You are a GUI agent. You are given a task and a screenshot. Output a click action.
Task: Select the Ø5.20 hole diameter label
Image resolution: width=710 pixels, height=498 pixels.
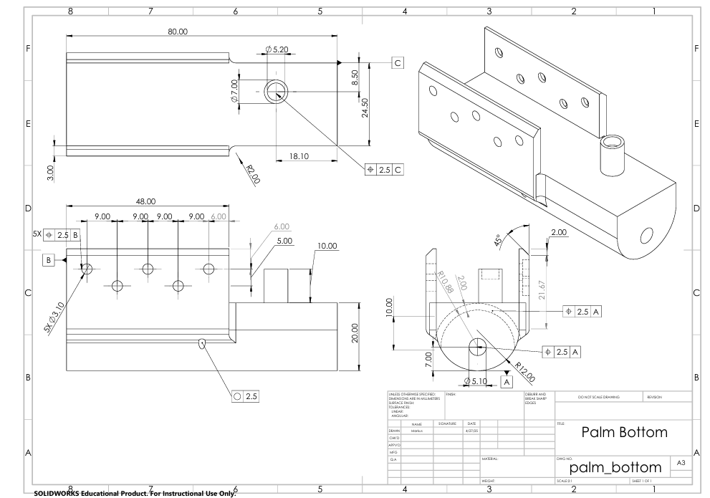point(277,49)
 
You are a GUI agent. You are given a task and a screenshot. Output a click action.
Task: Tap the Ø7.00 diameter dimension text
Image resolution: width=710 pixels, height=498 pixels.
point(234,91)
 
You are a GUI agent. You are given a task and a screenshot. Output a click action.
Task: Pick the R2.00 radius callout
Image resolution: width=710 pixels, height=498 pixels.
point(252,173)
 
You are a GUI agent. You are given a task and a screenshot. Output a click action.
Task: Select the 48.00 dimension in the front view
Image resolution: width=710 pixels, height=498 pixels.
point(146,201)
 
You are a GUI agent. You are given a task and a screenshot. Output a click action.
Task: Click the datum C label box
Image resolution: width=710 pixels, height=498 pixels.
point(398,62)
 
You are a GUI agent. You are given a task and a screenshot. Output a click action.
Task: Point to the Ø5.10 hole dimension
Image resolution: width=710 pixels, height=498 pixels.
point(476,380)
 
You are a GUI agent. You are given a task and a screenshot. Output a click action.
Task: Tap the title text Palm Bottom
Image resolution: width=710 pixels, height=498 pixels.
point(623,432)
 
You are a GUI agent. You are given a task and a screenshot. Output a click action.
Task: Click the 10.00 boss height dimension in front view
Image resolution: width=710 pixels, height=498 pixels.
point(327,246)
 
